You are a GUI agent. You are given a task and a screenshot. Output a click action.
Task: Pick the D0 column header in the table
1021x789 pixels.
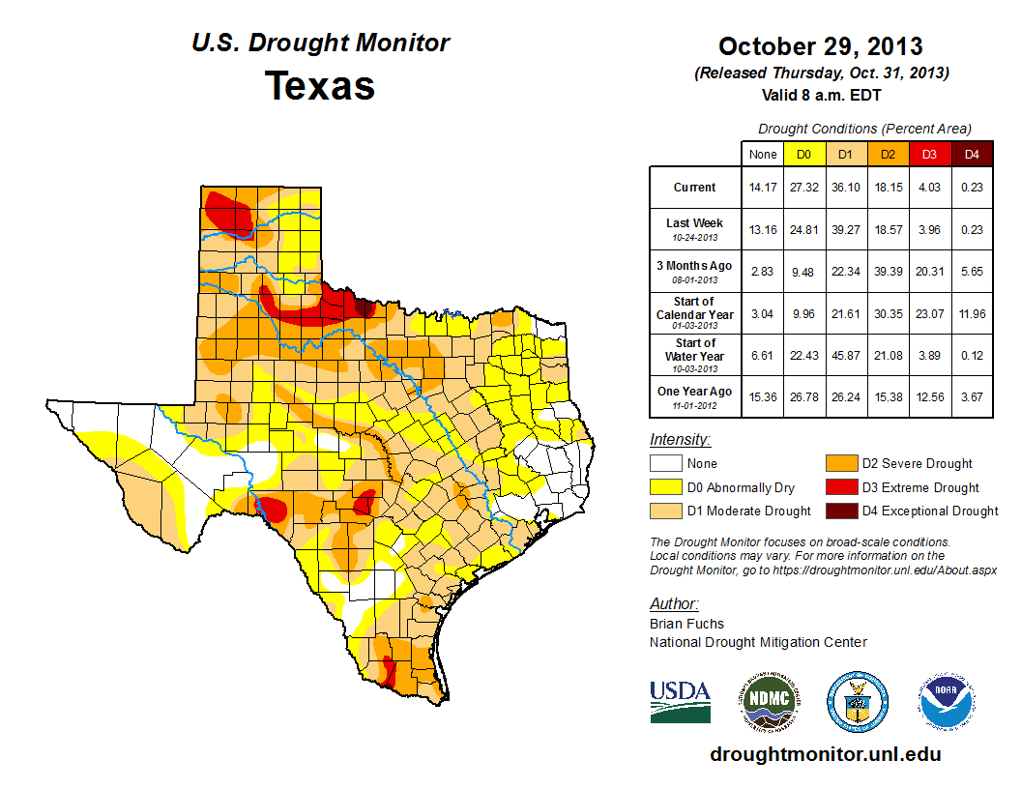(804, 154)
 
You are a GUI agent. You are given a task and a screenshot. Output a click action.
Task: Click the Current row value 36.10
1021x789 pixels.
(846, 188)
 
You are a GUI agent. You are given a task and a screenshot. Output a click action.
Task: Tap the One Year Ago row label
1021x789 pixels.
(694, 395)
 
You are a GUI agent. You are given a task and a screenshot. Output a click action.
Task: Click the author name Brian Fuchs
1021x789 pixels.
(686, 624)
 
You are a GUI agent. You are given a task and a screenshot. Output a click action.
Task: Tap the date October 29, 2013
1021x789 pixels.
(820, 46)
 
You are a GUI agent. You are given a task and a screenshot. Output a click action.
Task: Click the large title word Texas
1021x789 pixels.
(320, 85)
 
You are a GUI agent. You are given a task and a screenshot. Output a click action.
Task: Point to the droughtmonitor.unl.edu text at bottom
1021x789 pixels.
(825, 754)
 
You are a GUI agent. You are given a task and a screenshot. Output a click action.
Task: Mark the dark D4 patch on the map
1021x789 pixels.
(364, 307)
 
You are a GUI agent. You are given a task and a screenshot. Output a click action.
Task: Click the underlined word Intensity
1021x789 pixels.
(680, 440)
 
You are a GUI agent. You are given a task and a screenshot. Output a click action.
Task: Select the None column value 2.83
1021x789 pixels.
(763, 272)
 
